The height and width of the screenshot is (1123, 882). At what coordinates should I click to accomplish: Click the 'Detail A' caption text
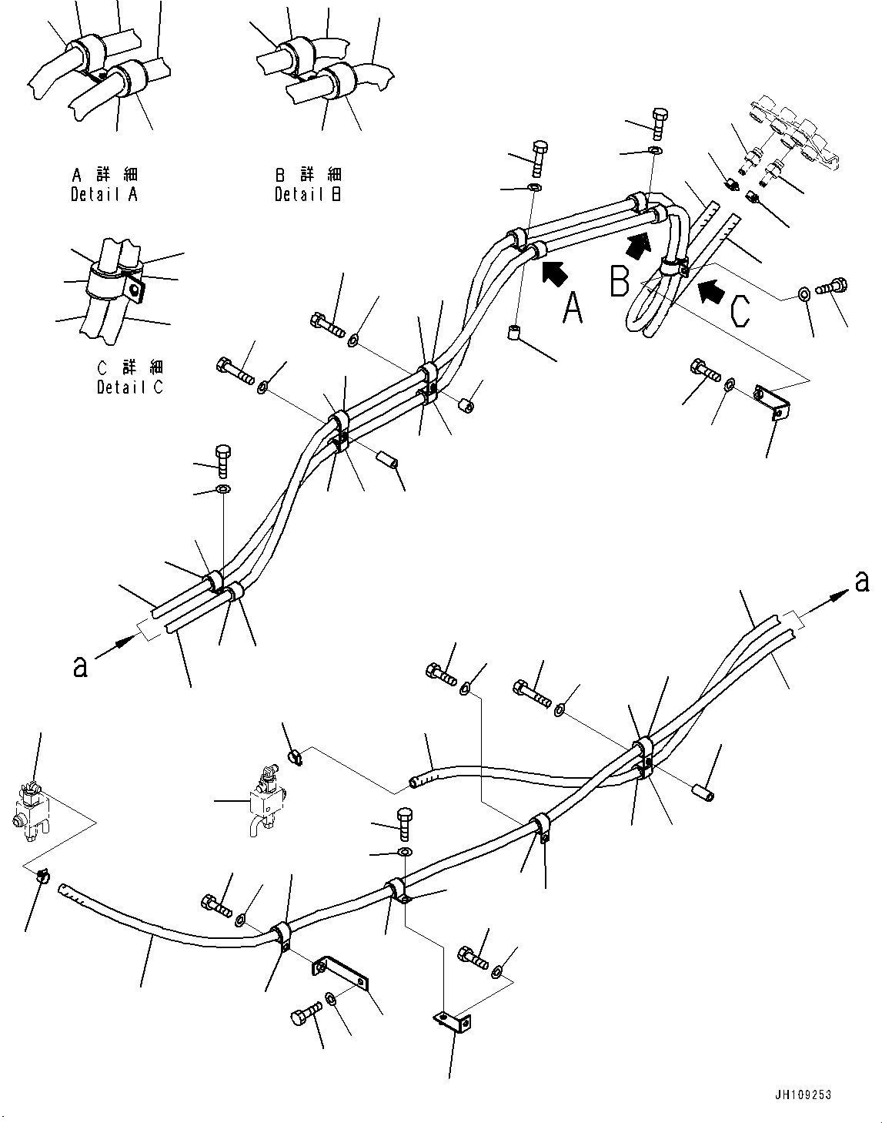[104, 194]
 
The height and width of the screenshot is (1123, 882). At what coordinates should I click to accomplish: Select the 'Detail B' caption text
[308, 194]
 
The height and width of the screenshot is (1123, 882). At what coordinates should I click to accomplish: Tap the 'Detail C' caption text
[130, 387]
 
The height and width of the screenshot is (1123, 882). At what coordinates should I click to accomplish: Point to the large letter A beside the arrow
[573, 308]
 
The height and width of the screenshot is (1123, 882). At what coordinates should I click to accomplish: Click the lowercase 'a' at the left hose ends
[79, 665]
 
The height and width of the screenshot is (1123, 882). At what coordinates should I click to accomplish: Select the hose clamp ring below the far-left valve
[43, 875]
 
